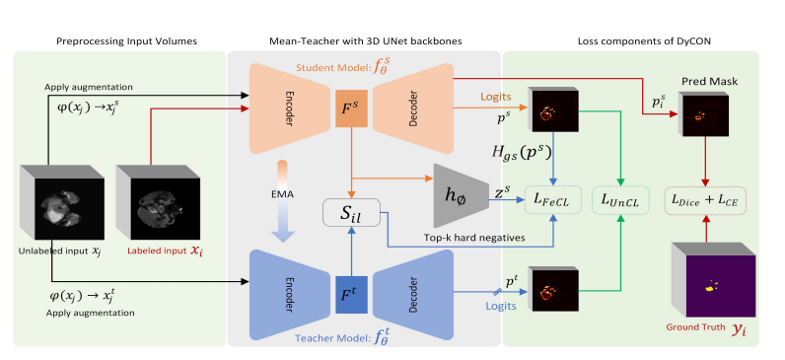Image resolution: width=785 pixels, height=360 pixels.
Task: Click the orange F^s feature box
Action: [352, 108]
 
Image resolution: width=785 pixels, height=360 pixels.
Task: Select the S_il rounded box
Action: [352, 212]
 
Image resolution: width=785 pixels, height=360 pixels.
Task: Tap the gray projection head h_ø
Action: [461, 195]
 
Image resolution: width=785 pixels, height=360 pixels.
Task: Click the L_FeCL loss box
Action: [552, 201]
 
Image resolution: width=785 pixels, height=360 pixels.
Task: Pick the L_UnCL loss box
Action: [620, 201]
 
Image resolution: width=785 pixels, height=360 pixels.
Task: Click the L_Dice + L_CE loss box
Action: [705, 201]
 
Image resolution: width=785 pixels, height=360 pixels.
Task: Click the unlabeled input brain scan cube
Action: [62, 202]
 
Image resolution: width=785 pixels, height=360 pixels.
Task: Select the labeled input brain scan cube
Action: [158, 202]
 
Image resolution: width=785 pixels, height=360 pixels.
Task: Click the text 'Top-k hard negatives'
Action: [474, 238]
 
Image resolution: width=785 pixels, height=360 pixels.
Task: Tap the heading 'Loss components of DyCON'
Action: [644, 41]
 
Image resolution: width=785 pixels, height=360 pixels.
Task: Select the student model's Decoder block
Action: [413, 108]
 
